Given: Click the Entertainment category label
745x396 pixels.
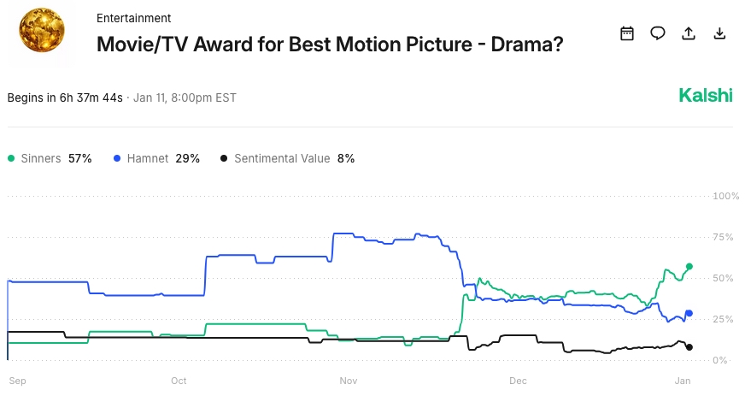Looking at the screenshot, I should tap(133, 18).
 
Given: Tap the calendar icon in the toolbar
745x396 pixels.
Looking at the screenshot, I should tap(627, 33).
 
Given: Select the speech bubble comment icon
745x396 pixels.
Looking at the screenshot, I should tap(658, 33).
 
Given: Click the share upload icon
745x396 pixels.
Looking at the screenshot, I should tap(689, 33).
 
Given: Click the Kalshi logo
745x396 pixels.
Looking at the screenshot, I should tap(706, 96).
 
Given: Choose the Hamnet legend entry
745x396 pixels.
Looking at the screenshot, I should tap(156, 158).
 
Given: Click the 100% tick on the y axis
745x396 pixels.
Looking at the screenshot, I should tap(725, 196).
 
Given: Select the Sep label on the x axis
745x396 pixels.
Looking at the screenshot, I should tap(17, 381).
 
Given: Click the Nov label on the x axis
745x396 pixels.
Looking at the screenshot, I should tap(349, 381).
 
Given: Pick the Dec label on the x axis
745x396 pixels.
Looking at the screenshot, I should tap(518, 381).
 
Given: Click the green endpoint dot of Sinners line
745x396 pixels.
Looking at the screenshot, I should tap(689, 266).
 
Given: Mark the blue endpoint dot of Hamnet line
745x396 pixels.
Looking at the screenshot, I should tap(689, 313).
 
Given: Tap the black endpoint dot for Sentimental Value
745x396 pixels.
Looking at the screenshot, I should tap(689, 347).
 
